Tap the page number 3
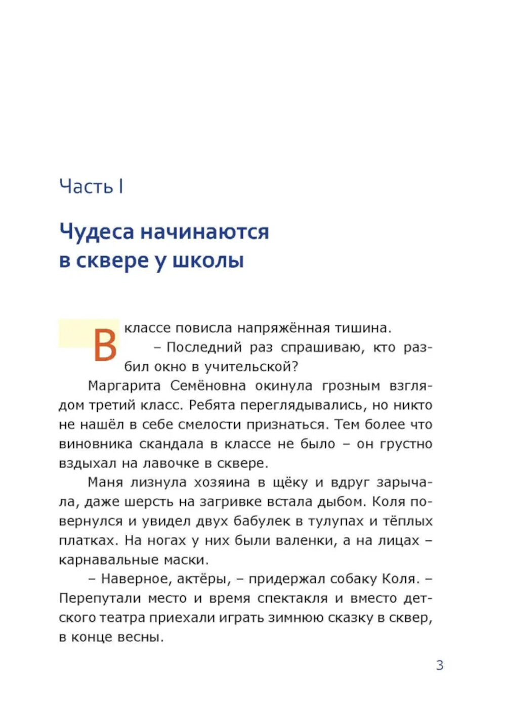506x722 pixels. [440, 665]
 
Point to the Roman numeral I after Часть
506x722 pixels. [121, 187]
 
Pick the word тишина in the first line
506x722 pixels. [362, 328]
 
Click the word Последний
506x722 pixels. [204, 347]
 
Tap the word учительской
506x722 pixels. [248, 366]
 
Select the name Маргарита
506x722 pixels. [124, 386]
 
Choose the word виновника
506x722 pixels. [95, 444]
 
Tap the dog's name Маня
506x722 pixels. [105, 482]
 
